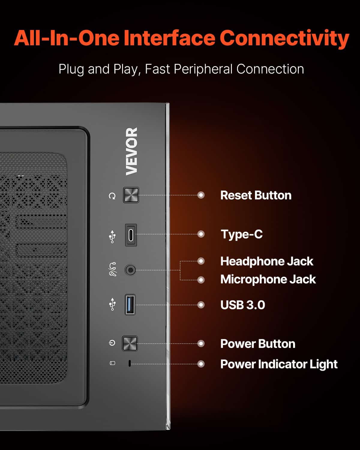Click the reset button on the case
[131, 195]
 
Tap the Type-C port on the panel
[131, 235]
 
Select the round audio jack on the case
[130, 270]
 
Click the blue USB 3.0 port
[130, 304]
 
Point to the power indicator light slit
[130, 363]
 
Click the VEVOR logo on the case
[132, 151]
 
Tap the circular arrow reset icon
[112, 196]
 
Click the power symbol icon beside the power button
[112, 343]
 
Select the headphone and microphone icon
[113, 269]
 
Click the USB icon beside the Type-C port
[112, 236]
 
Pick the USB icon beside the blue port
[112, 304]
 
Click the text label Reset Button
[256, 195]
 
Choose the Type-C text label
[241, 234]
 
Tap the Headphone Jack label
[267, 261]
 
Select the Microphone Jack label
[268, 279]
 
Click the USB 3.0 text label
[243, 305]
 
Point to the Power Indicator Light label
[279, 364]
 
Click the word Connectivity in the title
[284, 39]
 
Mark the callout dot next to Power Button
[201, 343]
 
